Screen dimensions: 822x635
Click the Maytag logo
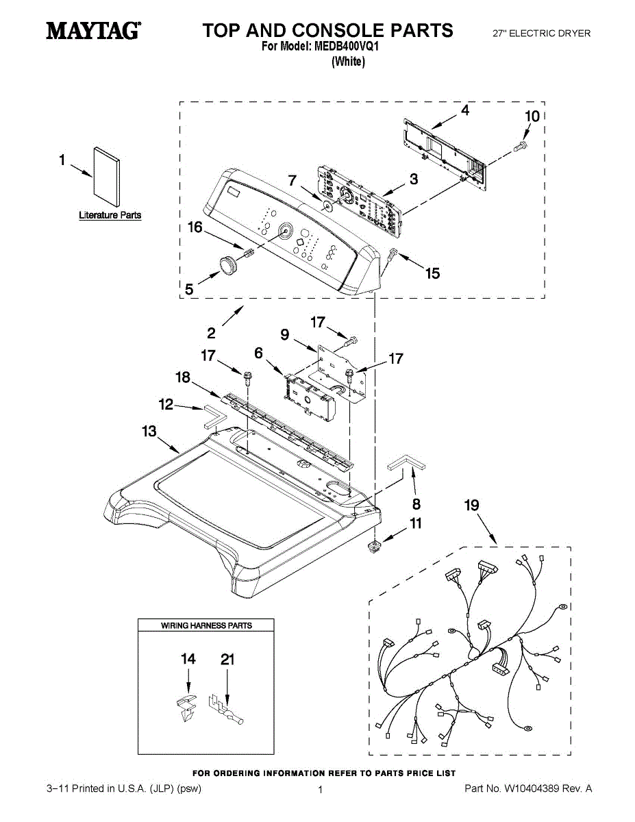coord(93,32)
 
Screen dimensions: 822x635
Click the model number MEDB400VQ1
coord(346,47)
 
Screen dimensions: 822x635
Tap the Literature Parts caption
coord(110,215)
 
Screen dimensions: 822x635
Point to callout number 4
coord(464,110)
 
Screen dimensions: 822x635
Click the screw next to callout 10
coord(519,145)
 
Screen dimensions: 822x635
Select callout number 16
coord(195,227)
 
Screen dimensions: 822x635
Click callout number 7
coord(292,181)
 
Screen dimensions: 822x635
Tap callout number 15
coord(432,274)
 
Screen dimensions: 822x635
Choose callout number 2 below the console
coord(211,334)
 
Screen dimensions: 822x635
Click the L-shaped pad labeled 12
coord(212,414)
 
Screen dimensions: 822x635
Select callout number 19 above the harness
coord(471,506)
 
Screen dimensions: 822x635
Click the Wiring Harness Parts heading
coord(206,625)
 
